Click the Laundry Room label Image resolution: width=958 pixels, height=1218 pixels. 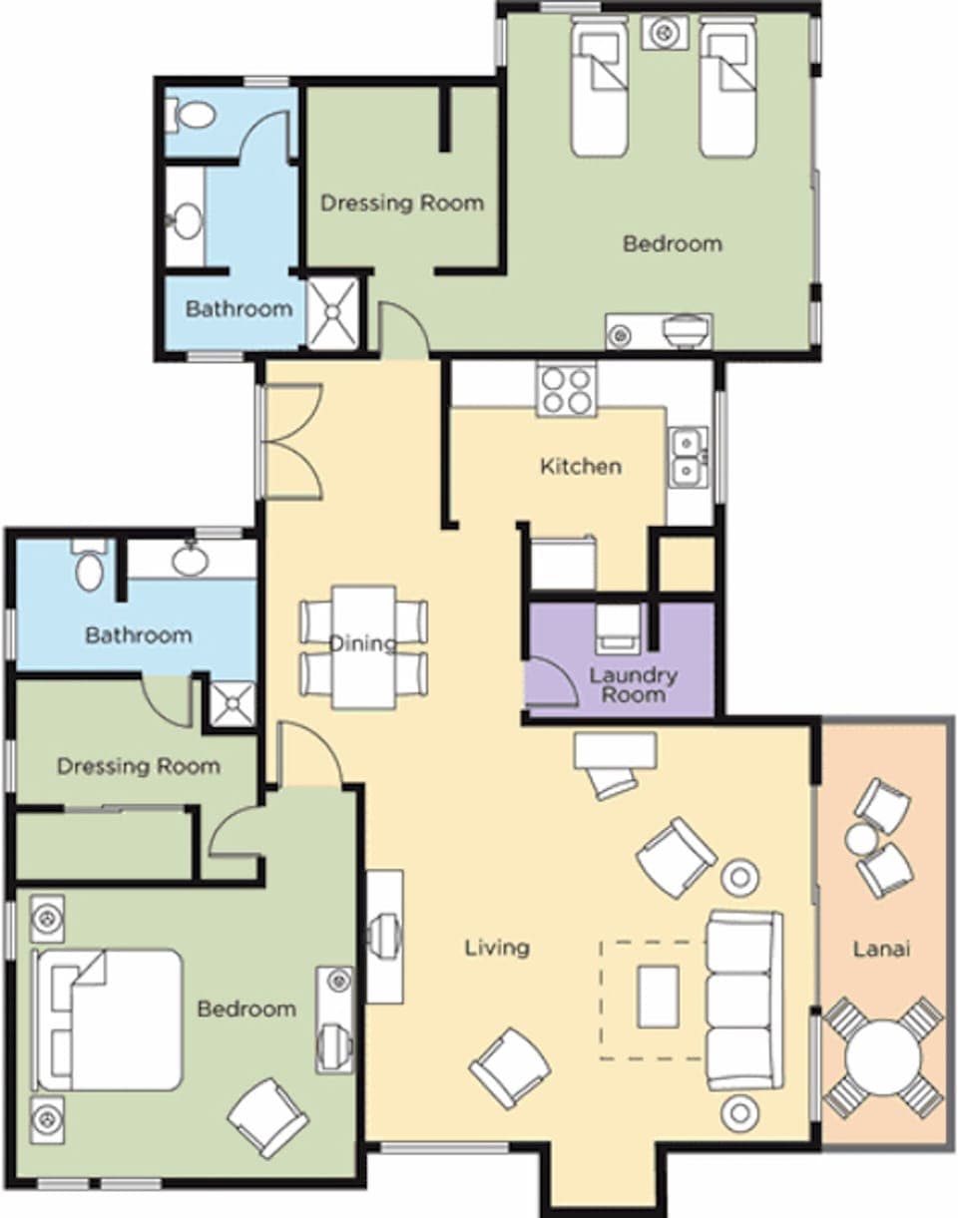pyautogui.click(x=633, y=683)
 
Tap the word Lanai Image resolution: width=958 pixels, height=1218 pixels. pyautogui.click(x=881, y=949)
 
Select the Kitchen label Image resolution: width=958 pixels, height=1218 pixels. pyautogui.click(x=581, y=466)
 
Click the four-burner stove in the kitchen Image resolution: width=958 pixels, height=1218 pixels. pyautogui.click(x=566, y=390)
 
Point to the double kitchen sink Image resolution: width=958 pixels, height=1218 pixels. pyautogui.click(x=689, y=457)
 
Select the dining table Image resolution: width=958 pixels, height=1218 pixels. pyautogui.click(x=363, y=645)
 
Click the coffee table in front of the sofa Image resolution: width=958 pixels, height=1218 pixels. pyautogui.click(x=658, y=995)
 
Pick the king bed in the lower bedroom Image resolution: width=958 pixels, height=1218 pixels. pyautogui.click(x=109, y=1018)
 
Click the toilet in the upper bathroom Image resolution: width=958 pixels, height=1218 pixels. pyautogui.click(x=192, y=115)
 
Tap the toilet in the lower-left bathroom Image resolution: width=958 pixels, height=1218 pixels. pyautogui.click(x=90, y=566)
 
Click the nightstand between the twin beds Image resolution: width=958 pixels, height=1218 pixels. pyautogui.click(x=663, y=33)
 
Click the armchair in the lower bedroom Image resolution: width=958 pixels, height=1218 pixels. pyautogui.click(x=267, y=1116)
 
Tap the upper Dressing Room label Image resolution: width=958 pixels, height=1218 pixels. pyautogui.click(x=401, y=203)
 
